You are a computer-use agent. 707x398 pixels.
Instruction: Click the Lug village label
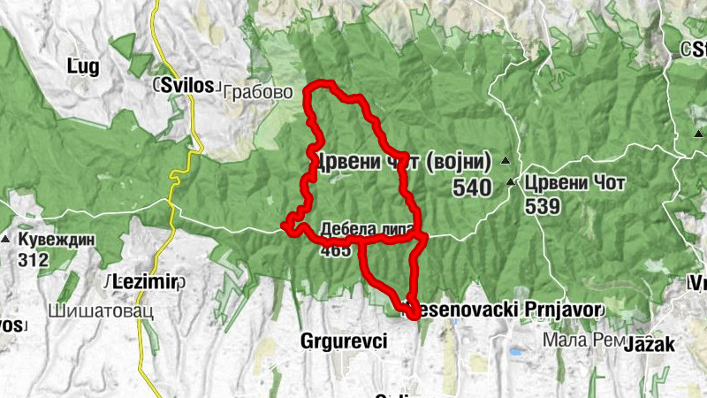coord(83,65)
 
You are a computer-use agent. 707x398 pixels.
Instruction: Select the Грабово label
coord(250,91)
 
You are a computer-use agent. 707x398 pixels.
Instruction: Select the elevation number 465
coord(336,249)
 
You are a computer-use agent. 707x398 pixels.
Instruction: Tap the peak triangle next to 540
coord(506,160)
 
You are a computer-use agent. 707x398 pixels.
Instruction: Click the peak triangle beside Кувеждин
coord(6,240)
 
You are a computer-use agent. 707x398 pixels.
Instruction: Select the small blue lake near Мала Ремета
coord(514,351)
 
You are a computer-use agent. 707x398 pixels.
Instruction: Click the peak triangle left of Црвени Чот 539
coord(511,183)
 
